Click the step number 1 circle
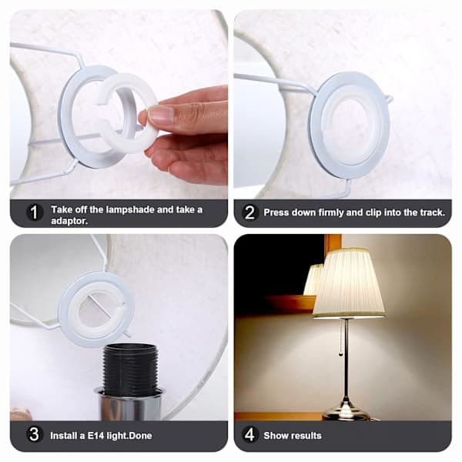coord(34,213)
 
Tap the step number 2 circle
coord(249,213)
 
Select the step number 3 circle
coord(34,434)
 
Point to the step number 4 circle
coord(249,434)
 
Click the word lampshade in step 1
coord(130,209)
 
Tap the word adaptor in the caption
coord(69,221)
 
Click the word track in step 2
coord(430,213)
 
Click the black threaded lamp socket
coord(130,370)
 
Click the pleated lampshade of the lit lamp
coord(349,283)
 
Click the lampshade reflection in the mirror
coord(314,280)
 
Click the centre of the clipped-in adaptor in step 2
coord(350,125)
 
